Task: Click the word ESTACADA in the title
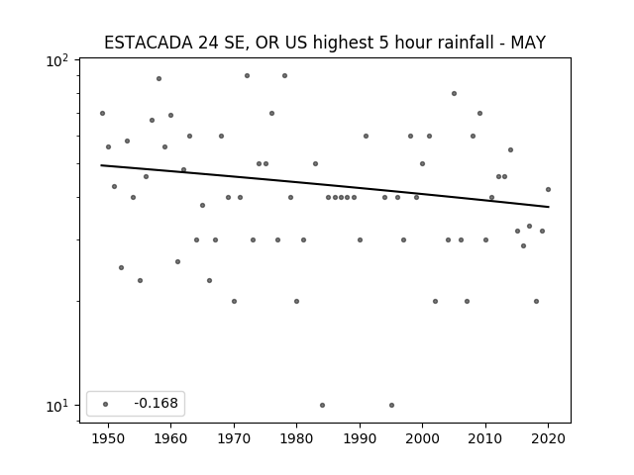(149, 43)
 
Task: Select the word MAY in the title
(528, 43)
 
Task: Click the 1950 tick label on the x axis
(108, 438)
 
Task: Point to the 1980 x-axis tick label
(297, 438)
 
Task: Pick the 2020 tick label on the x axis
(548, 438)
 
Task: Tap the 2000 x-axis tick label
(423, 438)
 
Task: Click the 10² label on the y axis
(57, 60)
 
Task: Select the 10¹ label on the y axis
(57, 406)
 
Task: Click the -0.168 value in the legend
(156, 403)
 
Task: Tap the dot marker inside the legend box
(106, 404)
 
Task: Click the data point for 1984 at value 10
(322, 405)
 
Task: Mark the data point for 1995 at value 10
(391, 405)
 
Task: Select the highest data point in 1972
(247, 75)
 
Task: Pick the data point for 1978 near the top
(284, 75)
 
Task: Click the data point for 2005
(454, 93)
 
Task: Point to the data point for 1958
(158, 78)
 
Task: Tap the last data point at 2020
(548, 189)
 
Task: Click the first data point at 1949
(102, 113)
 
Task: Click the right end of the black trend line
(549, 207)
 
